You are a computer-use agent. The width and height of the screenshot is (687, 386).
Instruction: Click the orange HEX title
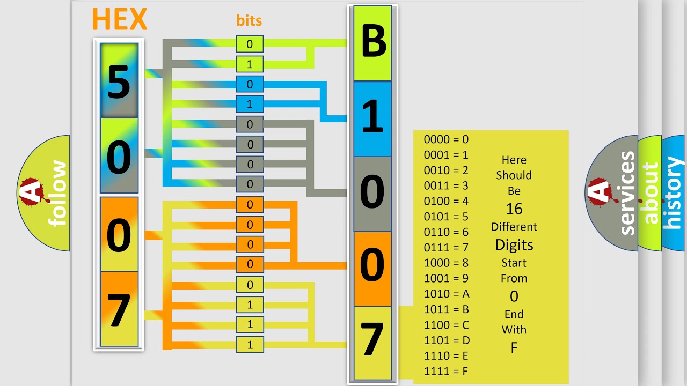pos(119,19)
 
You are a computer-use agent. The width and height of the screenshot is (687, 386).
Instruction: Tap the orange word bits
pos(249,21)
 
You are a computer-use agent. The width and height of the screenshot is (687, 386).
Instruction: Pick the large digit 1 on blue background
pos(372,117)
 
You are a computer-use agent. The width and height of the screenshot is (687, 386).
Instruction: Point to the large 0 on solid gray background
pos(372,192)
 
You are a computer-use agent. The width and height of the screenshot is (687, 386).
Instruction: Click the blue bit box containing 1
pos(250,104)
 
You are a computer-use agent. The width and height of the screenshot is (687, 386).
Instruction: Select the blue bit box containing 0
pos(250,84)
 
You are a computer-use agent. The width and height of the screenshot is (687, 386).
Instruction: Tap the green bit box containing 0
pos(250,44)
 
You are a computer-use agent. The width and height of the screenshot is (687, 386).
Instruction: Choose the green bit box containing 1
pos(250,64)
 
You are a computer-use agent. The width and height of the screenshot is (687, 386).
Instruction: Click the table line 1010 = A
pos(447,294)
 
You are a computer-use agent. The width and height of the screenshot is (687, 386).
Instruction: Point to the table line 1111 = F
pos(447,371)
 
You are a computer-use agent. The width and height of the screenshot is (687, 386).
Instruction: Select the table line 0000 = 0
pos(446,139)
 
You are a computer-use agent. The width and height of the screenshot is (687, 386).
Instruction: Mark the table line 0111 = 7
pos(446,248)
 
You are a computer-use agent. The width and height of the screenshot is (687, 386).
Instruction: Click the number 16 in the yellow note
pos(514,209)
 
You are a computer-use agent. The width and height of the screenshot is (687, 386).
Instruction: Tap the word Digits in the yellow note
pos(514,245)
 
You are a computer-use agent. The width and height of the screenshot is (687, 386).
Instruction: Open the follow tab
pos(57,193)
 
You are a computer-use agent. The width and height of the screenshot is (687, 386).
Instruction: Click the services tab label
pos(627,193)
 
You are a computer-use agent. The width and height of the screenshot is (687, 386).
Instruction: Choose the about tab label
pos(651,193)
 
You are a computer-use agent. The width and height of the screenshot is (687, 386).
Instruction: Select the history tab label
pos(673,193)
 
